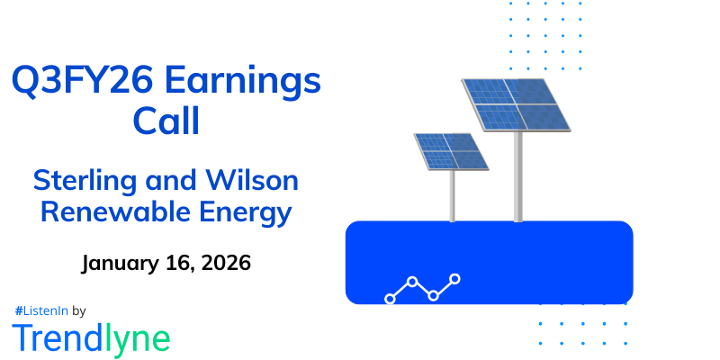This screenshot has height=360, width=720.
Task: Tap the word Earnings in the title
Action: pos(247,83)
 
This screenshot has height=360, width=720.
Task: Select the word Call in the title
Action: pos(166,121)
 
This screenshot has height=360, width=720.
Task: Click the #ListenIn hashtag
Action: pos(40,310)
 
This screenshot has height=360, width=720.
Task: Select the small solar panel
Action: pos(451,151)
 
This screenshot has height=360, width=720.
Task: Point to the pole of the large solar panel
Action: pos(518,180)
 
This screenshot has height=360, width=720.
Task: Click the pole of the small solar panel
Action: pos(454,195)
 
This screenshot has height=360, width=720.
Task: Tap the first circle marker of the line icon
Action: pos(390,298)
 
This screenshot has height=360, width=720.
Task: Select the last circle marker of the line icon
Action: pos(455,279)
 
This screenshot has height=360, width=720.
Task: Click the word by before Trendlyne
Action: pos(78,310)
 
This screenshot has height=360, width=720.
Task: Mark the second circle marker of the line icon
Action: pos(412,282)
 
